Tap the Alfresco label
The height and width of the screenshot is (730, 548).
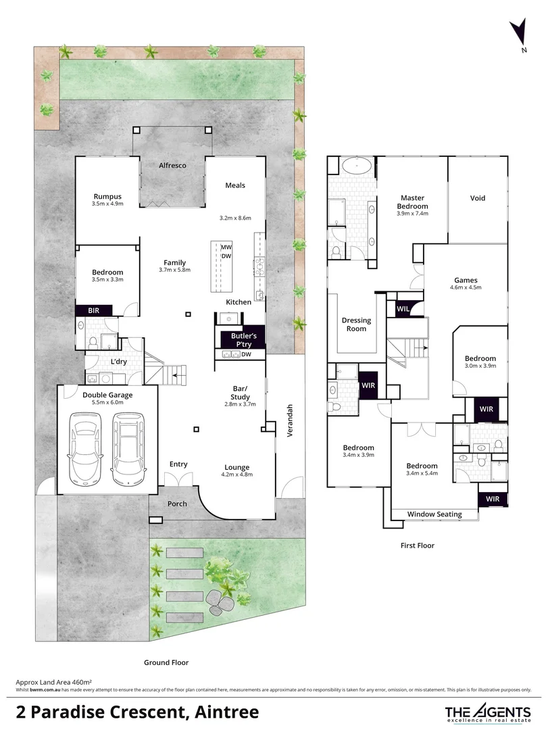172,165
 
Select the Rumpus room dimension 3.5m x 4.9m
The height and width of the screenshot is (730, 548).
107,203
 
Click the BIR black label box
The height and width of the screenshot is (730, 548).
94,310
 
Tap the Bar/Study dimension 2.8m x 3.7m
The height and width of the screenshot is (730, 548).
240,404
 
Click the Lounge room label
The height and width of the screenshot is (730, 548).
237,467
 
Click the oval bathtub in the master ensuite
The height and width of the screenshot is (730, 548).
355,166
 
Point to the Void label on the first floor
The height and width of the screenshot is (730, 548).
478,198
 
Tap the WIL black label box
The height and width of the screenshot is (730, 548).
403,309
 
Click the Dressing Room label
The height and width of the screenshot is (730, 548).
356,324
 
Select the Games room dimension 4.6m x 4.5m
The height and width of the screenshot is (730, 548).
466,288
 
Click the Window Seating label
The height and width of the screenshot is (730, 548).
434,514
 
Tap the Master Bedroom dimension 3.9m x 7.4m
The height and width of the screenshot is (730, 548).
412,214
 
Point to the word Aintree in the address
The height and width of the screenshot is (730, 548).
226,711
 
